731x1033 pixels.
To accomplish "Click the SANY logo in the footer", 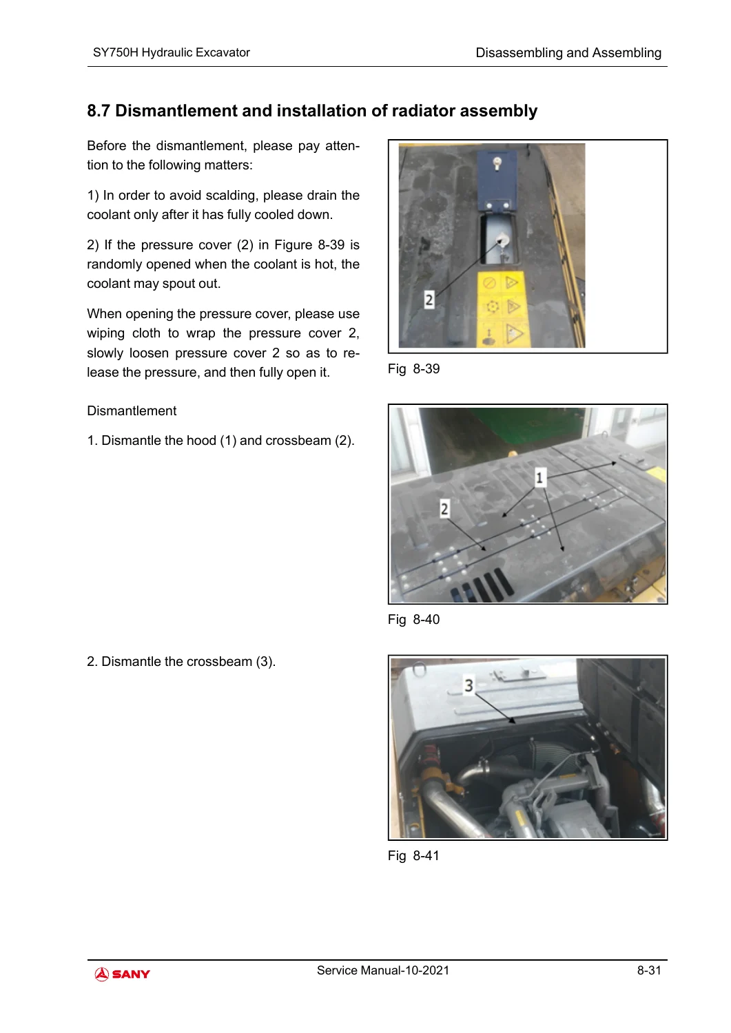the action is click(123, 974).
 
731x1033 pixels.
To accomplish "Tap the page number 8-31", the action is click(649, 970).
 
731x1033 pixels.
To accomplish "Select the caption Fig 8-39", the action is click(413, 369).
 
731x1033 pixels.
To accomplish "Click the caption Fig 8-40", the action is click(413, 619).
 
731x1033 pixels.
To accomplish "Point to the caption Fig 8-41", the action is click(413, 855).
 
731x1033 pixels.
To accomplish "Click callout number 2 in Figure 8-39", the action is click(429, 300).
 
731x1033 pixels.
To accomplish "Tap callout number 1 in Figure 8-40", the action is click(539, 477).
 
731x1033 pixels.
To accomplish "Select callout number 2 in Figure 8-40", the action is click(444, 509).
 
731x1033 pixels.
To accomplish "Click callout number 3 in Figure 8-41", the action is click(469, 685).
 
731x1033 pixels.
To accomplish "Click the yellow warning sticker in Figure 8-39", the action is click(501, 309).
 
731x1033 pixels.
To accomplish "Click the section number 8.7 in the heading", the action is click(99, 111).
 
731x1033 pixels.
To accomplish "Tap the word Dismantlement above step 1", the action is click(132, 411).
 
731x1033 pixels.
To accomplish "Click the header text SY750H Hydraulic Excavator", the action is click(172, 52).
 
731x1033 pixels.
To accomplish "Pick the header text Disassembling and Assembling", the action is click(568, 53).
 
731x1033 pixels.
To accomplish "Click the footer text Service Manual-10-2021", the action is click(382, 970).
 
